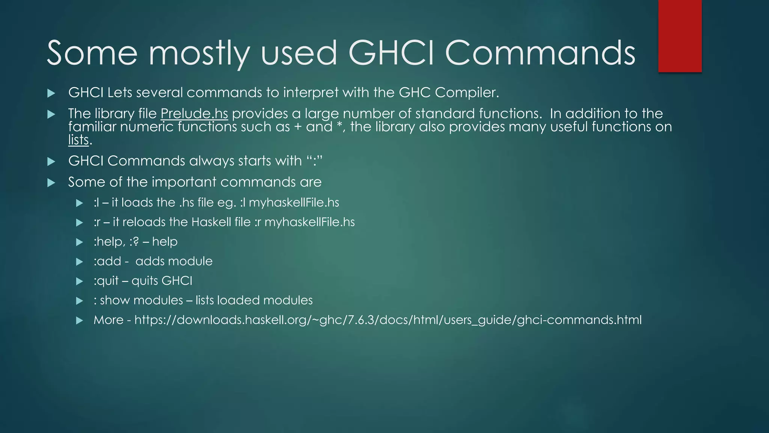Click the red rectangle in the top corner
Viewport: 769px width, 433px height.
680,36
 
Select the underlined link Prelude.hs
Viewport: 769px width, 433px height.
194,114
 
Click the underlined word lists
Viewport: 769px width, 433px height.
78,140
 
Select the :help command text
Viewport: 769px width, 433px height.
109,241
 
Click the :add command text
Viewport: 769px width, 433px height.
107,261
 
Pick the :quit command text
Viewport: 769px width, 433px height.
106,281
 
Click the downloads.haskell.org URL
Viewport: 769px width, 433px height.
388,320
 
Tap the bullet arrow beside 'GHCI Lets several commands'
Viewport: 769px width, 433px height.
51,93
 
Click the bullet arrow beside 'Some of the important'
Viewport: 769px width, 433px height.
51,183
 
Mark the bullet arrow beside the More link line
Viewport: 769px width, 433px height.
79,321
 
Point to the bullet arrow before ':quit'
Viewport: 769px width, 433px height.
79,281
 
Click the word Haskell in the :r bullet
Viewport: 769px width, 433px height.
211,222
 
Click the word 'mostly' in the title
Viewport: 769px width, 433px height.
199,53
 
